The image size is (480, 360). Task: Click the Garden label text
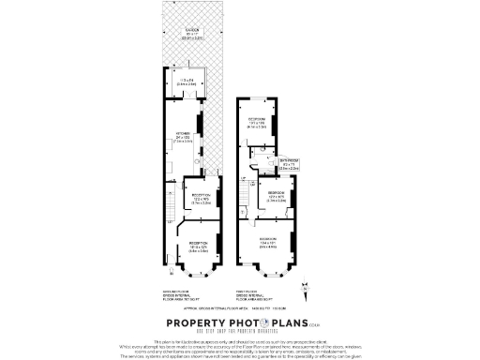click(191, 35)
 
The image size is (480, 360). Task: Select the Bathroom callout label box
click(292, 161)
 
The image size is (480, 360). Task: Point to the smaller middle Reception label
click(200, 200)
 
